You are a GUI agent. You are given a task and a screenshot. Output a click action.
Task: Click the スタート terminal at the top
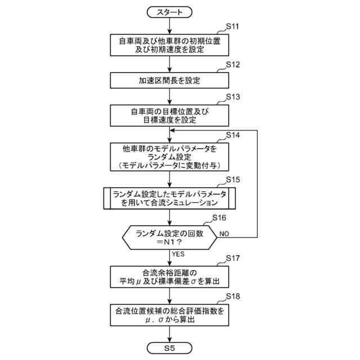pyautogui.click(x=169, y=11)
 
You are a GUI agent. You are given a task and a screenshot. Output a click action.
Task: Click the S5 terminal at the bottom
pyautogui.click(x=169, y=348)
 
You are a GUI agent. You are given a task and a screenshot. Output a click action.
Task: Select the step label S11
pyautogui.click(x=232, y=27)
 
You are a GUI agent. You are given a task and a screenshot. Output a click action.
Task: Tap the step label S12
pyautogui.click(x=232, y=64)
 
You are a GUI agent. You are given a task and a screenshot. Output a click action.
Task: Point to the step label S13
pyautogui.click(x=232, y=97)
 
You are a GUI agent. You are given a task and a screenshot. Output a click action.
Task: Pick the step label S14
pyautogui.click(x=232, y=136)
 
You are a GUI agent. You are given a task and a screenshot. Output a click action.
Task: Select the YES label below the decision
pyautogui.click(x=178, y=254)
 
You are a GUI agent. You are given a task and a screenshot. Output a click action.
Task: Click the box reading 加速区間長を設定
pyautogui.click(x=169, y=80)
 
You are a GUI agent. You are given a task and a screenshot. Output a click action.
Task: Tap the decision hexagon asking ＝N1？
pyautogui.click(x=169, y=238)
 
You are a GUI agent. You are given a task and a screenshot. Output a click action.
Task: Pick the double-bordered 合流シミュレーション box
pyautogui.click(x=169, y=198)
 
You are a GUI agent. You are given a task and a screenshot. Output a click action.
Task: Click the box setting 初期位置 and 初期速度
pyautogui.click(x=169, y=46)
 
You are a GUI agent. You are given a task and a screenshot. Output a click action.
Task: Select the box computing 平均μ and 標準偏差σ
pyautogui.click(x=169, y=277)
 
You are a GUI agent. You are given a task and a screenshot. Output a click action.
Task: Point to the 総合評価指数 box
pyautogui.click(x=169, y=314)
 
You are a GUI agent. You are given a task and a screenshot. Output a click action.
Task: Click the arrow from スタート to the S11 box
pyautogui.click(x=169, y=26)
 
